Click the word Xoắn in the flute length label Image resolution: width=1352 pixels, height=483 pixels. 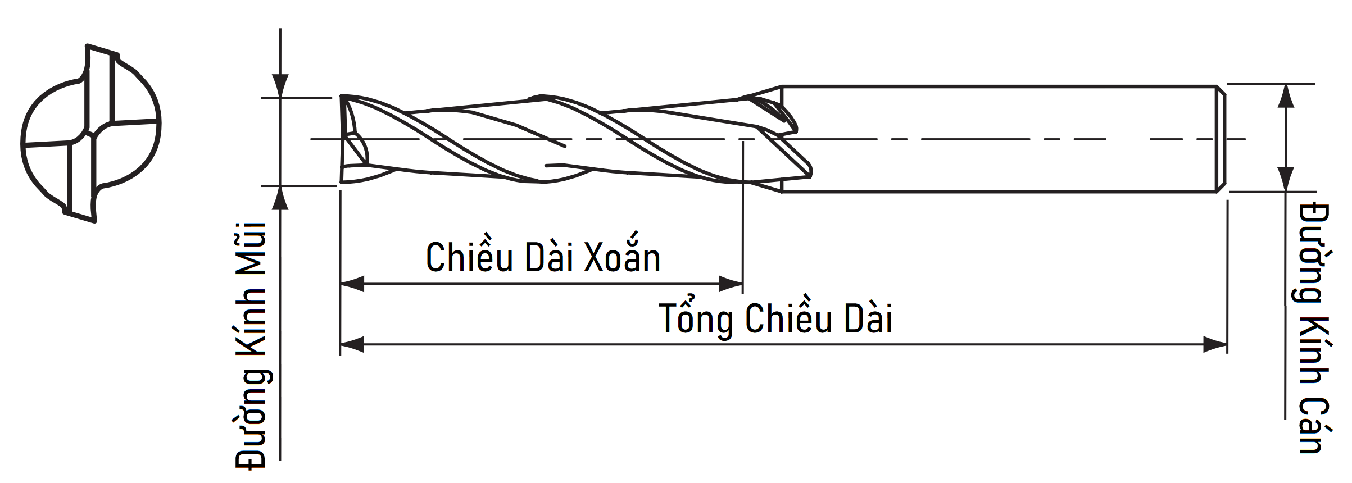coord(622,259)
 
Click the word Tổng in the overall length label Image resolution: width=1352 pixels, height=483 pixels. coord(696,319)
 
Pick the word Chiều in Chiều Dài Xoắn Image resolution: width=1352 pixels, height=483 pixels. coord(469,259)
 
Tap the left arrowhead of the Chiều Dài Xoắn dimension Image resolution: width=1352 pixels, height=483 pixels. coord(352,284)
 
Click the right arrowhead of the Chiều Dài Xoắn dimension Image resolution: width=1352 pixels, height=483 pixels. coord(731,284)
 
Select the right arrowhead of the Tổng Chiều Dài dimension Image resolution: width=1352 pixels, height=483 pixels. coord(1215,345)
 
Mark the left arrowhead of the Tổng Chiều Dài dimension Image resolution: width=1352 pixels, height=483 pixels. coord(352,345)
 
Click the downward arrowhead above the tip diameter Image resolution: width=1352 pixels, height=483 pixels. coord(280,87)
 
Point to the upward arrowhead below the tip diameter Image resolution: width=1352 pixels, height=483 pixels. coord(280,198)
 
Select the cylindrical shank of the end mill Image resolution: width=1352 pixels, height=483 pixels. coord(1000,139)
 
